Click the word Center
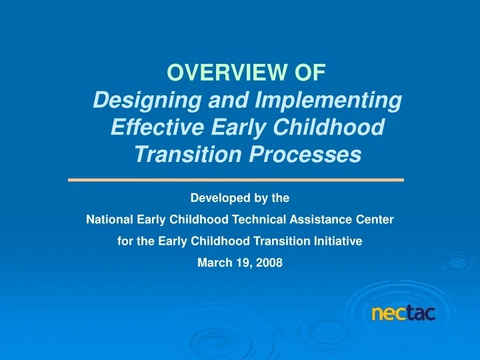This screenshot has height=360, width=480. (375, 219)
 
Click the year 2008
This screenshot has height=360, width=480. (270, 263)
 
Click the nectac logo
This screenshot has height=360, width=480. (403, 313)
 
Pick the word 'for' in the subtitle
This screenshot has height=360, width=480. (125, 241)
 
